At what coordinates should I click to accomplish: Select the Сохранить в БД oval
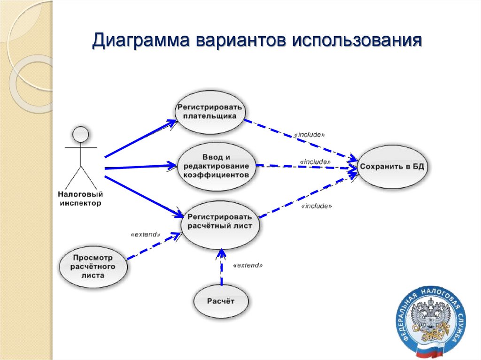[394, 167]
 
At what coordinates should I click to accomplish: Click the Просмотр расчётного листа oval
[93, 267]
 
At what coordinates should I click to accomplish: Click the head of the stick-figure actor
[80, 134]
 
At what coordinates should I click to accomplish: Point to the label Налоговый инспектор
[80, 198]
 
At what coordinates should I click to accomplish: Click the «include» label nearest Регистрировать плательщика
[309, 135]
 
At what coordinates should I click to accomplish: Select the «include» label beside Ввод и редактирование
[315, 161]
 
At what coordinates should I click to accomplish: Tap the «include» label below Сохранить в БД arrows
[316, 206]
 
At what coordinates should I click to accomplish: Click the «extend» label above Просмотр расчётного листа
[146, 233]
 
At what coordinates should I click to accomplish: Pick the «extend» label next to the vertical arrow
[248, 265]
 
